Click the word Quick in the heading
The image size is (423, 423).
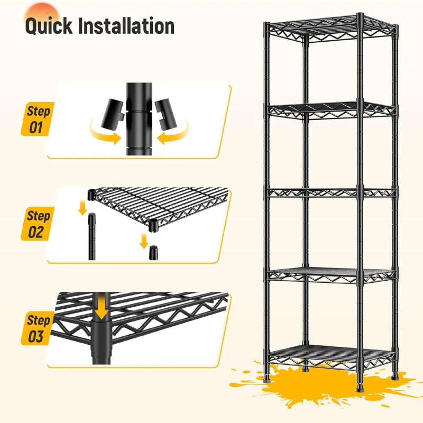pos(49,26)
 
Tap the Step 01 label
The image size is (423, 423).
pos(38,119)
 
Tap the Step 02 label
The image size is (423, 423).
pos(38,224)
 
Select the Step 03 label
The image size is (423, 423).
pos(38,328)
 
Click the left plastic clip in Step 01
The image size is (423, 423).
pos(113,113)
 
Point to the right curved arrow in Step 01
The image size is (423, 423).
pos(173,134)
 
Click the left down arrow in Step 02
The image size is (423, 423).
pos(82,208)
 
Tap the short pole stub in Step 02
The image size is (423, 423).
pos(153,253)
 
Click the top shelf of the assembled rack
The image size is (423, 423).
pos(331,29)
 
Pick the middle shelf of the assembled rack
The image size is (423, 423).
pos(331,192)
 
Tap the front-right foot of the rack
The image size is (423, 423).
pos(360,389)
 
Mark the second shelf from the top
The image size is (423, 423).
pos(331,110)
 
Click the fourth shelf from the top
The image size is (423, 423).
pos(331,275)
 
